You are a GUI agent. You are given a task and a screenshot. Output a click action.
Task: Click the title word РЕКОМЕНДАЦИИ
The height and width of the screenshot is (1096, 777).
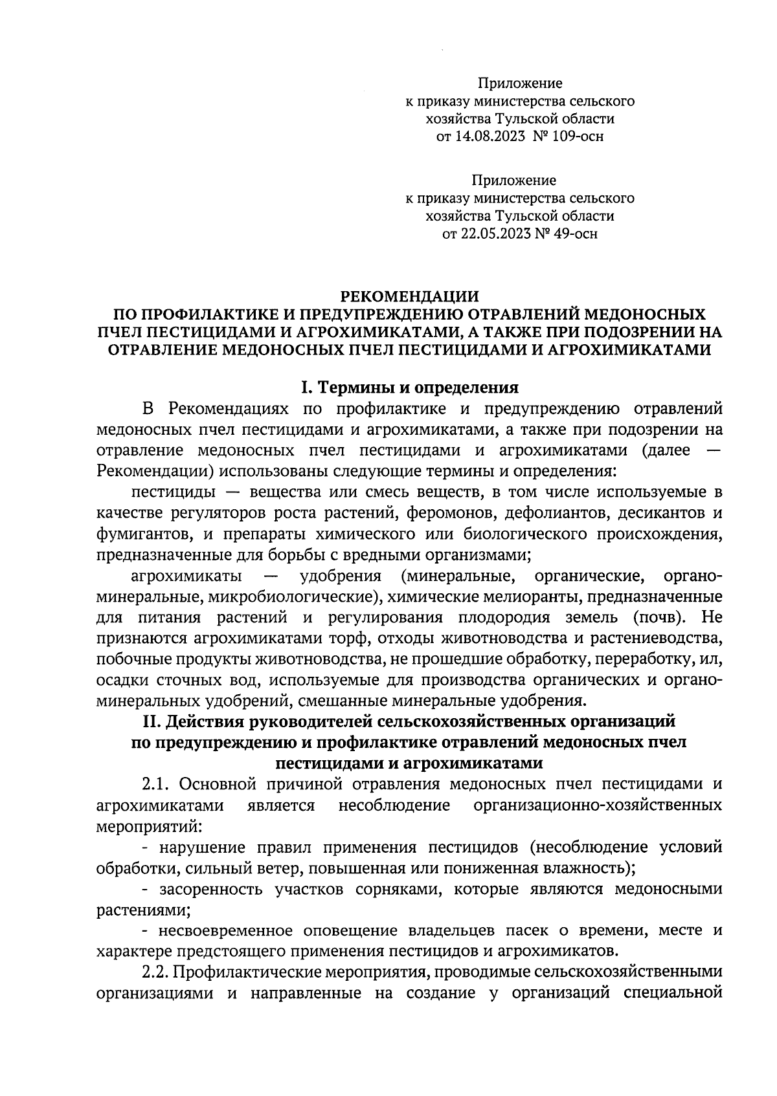click(x=410, y=296)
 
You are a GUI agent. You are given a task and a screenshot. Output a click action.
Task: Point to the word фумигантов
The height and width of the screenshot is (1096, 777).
click(x=142, y=535)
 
